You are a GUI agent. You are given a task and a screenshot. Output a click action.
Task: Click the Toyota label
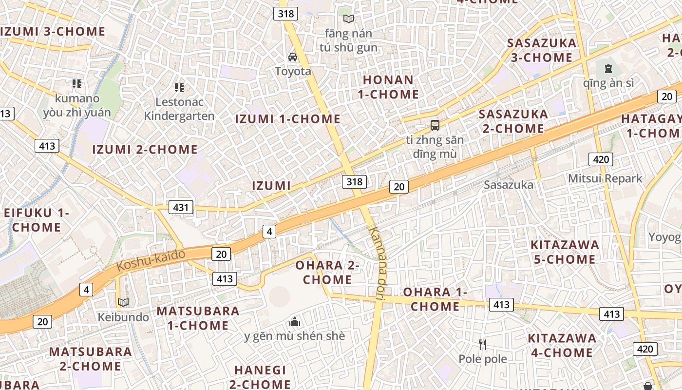tap(293, 71)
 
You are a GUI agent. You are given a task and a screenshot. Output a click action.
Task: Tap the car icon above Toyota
tap(293, 57)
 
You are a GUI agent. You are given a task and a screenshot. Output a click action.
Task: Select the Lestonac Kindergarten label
tap(179, 109)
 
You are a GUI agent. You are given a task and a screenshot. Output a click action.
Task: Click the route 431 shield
tap(181, 207)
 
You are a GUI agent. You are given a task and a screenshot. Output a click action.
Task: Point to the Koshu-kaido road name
tap(152, 260)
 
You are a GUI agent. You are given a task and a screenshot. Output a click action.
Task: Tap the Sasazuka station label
tap(509, 185)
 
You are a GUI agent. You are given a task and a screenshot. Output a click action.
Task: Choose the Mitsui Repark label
tap(605, 178)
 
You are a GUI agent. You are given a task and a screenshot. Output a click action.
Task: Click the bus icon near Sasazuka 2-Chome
tap(435, 125)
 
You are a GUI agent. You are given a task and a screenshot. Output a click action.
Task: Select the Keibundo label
tap(123, 317)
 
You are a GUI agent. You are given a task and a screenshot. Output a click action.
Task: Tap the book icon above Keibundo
tap(123, 303)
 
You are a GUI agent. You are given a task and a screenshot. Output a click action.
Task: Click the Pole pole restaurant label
tap(483, 359)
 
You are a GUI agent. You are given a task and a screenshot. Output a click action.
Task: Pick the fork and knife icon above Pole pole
tap(483, 345)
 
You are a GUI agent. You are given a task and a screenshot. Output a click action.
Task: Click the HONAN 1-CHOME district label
tap(388, 87)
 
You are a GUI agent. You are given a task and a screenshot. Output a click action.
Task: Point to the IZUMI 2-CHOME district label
tap(145, 149)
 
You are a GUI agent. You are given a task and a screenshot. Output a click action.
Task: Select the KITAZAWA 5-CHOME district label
tap(565, 252)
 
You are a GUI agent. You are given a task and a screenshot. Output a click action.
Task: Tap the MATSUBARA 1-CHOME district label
tap(198, 318)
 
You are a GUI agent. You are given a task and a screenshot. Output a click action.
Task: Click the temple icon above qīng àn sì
tap(608, 69)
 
